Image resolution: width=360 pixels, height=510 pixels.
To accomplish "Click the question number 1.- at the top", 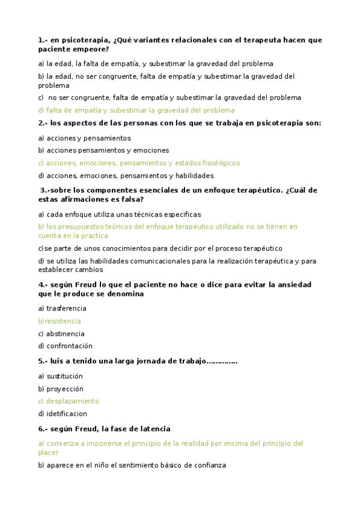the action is click(x=43, y=40).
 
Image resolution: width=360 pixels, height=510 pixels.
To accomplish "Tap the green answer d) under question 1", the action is click(x=136, y=110).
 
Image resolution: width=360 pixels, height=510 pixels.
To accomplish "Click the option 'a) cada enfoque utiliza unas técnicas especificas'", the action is click(x=119, y=214).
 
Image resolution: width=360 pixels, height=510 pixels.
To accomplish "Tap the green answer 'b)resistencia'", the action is click(x=59, y=321).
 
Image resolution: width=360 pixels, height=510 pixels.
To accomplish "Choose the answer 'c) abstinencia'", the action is click(x=61, y=334).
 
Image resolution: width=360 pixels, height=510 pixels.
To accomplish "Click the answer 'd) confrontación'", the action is click(x=65, y=346).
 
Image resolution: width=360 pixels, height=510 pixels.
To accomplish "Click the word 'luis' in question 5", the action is click(x=57, y=361).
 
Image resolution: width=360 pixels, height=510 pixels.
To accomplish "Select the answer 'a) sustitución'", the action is click(x=60, y=376).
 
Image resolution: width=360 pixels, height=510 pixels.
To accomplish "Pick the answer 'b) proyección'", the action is click(x=60, y=389).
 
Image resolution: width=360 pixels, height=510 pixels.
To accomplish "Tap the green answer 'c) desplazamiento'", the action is click(x=69, y=401).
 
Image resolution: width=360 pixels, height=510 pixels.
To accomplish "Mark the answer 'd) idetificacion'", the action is click(x=62, y=414).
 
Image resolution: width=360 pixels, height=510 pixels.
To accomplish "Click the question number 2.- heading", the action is click(x=43, y=123).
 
